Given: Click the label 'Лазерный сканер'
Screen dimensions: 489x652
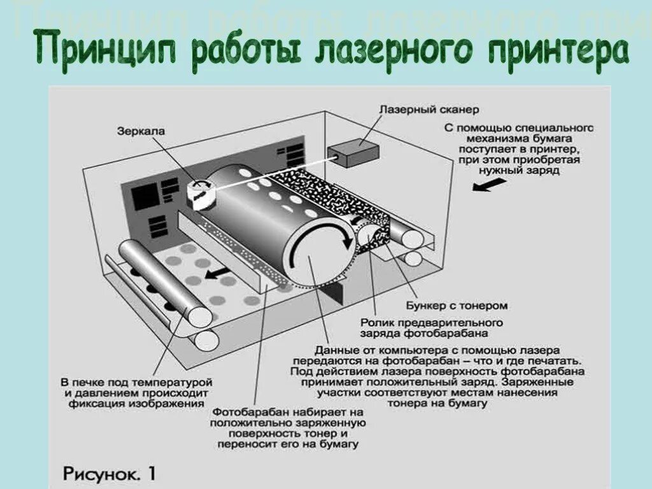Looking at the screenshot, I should pos(429,110).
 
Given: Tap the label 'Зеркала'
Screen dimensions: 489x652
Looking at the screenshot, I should pos(141,131).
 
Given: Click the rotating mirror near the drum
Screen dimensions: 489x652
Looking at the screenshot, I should pos(202,191).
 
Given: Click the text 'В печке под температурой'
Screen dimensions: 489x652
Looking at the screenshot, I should pos(136,382).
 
